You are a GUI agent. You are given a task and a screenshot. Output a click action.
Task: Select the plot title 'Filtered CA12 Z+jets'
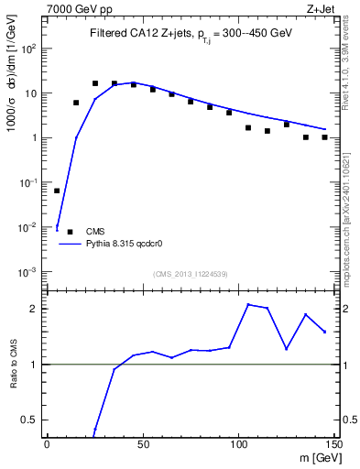[137, 33]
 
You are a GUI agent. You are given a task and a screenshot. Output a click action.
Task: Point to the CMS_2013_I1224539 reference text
[191, 273]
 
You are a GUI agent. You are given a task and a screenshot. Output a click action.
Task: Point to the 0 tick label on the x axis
[47, 444]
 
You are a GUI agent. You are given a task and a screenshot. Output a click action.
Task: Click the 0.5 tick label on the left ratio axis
[27, 420]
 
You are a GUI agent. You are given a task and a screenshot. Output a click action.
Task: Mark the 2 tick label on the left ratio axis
[33, 309]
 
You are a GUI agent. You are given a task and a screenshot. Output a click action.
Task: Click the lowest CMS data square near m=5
[57, 191]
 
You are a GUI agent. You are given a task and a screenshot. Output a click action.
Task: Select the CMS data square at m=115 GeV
[267, 131]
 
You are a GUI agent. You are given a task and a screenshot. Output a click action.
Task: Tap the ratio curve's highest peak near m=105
[248, 304]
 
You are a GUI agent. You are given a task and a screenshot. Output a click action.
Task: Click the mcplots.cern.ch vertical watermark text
[350, 220]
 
